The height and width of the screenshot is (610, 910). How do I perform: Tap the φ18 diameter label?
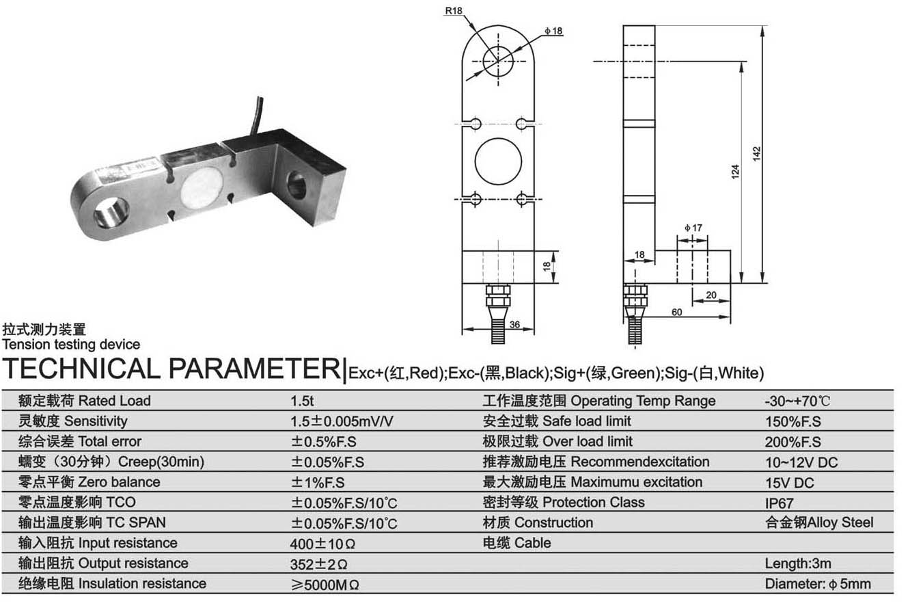[x=553, y=31]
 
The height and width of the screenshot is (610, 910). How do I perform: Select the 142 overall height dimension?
[x=757, y=154]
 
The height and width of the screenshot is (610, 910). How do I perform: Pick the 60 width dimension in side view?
[x=676, y=312]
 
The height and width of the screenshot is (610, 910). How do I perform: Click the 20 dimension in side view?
[x=711, y=295]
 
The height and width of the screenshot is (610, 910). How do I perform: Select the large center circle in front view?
[x=498, y=161]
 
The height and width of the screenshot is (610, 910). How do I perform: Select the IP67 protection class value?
[x=780, y=503]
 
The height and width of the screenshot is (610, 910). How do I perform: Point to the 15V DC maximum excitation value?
[x=790, y=483]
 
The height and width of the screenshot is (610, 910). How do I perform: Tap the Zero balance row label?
[x=91, y=482]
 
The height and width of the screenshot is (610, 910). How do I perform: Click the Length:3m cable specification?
[x=798, y=564]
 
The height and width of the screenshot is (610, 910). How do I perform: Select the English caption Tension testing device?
[x=72, y=345]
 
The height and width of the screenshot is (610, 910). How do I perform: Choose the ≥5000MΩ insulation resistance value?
[x=325, y=585]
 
